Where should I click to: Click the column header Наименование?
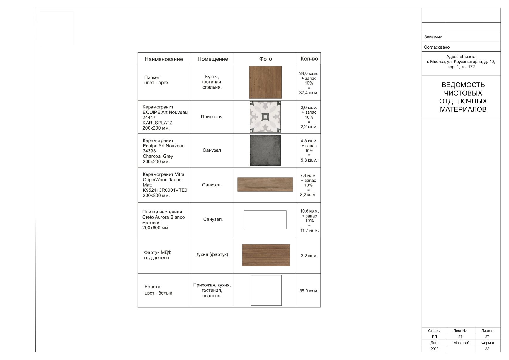(x=164, y=59)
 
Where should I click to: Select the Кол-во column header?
(x=309, y=59)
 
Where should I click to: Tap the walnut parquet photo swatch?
(x=265, y=82)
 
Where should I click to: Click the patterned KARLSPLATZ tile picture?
(x=265, y=117)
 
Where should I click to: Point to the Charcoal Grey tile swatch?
(x=265, y=150)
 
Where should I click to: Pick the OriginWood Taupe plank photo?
(x=265, y=185)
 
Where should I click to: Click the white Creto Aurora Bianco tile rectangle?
(x=265, y=220)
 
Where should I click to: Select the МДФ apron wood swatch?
(x=266, y=255)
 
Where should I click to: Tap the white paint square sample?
(x=266, y=290)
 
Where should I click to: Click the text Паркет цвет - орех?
(x=156, y=80)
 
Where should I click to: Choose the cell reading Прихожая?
(x=212, y=117)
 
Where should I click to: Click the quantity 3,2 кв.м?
(x=309, y=256)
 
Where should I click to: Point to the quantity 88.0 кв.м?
(x=309, y=291)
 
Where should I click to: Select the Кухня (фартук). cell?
(x=212, y=254)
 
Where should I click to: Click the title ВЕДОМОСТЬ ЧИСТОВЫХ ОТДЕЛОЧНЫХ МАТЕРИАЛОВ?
(x=463, y=97)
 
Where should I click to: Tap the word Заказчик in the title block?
(x=433, y=37)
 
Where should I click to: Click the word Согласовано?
(x=437, y=47)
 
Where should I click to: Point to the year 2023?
(x=435, y=349)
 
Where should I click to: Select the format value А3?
(x=487, y=349)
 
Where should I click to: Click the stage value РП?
(x=434, y=337)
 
